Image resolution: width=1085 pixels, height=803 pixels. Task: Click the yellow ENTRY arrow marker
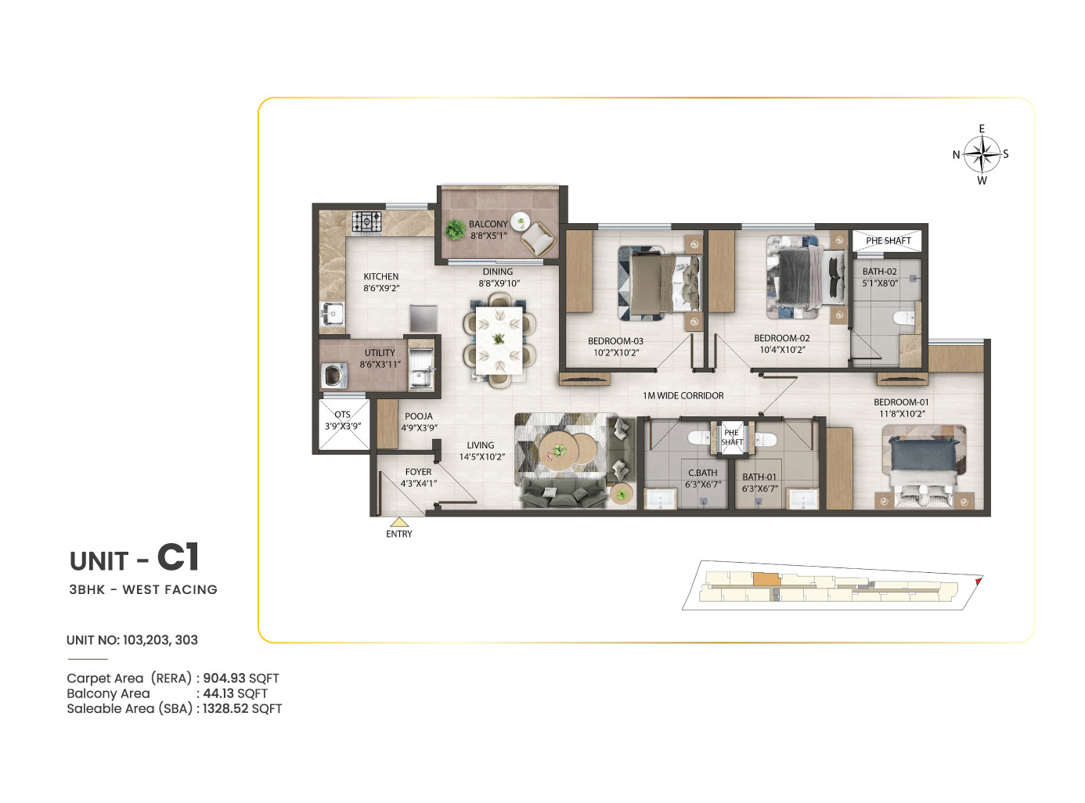(399, 522)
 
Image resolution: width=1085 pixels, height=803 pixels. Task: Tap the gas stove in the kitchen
(367, 223)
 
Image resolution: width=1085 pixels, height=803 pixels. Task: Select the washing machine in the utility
(334, 376)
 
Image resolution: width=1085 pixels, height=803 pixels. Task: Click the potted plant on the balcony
(455, 229)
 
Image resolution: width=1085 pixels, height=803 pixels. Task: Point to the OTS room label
(342, 414)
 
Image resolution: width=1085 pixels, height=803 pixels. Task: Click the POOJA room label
(419, 416)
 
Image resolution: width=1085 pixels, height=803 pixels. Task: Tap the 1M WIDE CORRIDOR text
(683, 396)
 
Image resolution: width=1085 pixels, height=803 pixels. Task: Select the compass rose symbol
(982, 154)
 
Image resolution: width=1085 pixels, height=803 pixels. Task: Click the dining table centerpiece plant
(499, 338)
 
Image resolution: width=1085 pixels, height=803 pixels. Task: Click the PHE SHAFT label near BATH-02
(889, 240)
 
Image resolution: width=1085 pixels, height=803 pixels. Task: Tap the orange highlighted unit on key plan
(766, 579)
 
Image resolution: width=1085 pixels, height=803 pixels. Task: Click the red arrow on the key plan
(978, 581)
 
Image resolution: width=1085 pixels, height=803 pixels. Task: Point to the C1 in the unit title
(178, 557)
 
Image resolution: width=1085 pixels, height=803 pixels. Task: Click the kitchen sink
(332, 314)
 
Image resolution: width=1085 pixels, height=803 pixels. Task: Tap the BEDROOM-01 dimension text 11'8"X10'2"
(902, 414)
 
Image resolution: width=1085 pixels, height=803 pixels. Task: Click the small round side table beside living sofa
(622, 494)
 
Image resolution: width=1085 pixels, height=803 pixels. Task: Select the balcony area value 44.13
(218, 693)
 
